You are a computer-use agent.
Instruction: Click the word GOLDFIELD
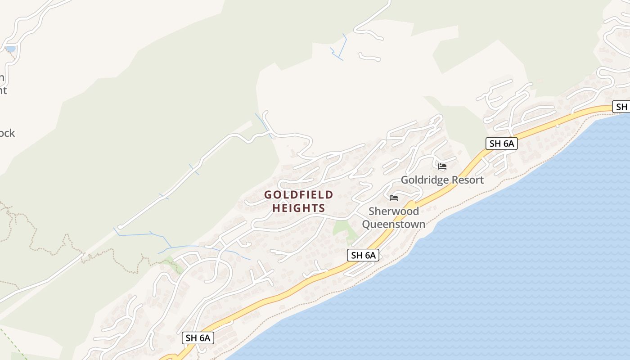(x=299, y=195)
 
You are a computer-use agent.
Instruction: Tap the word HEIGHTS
(x=299, y=208)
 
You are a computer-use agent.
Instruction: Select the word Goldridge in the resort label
(x=423, y=180)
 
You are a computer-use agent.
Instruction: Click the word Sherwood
(x=394, y=211)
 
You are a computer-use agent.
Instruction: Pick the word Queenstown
(x=394, y=224)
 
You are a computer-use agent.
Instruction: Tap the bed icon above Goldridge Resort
(x=442, y=166)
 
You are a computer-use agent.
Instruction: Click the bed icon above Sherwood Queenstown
(x=394, y=198)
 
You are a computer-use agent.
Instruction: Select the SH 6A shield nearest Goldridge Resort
(x=502, y=144)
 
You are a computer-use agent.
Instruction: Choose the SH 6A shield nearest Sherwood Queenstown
(x=363, y=255)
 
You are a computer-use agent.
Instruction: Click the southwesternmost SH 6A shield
(x=198, y=338)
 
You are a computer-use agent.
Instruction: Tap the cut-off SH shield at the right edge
(x=621, y=107)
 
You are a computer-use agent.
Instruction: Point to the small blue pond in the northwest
(x=10, y=49)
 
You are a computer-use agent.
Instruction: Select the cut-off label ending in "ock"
(x=8, y=133)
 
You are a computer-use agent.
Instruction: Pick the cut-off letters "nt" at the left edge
(x=3, y=90)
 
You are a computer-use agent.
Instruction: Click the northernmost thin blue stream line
(x=345, y=45)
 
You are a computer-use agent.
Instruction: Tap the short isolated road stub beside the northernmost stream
(x=369, y=57)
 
